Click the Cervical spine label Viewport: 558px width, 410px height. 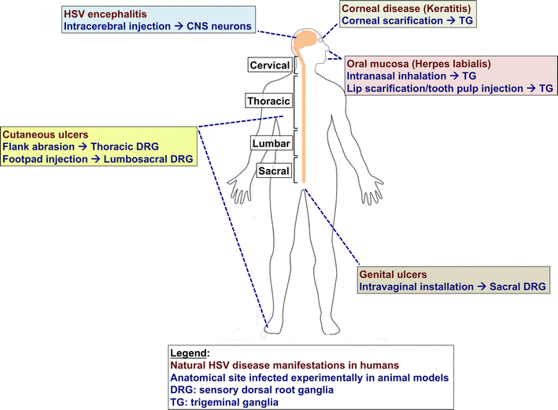(x=269, y=65)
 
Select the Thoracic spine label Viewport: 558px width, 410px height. (x=268, y=102)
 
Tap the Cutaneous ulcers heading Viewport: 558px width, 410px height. (x=42, y=134)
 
